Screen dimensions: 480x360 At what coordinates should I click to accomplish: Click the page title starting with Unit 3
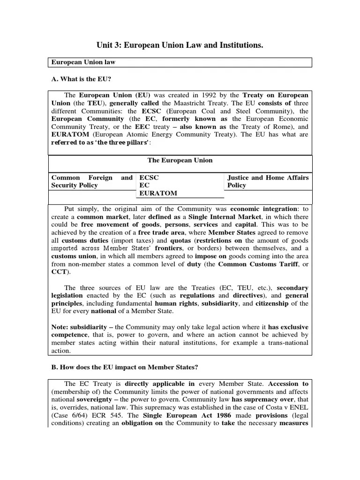[x=180, y=45]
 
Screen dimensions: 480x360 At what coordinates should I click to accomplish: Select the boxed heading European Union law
[x=83, y=62]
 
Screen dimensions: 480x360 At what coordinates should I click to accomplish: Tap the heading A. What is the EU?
[x=81, y=79]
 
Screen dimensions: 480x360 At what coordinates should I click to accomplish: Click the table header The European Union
[x=180, y=160]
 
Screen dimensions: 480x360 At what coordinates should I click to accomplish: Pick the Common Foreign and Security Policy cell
[x=91, y=181]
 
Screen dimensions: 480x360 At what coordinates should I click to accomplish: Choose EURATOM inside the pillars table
[x=157, y=193]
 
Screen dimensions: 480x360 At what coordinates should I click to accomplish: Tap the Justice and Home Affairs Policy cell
[x=268, y=181]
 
